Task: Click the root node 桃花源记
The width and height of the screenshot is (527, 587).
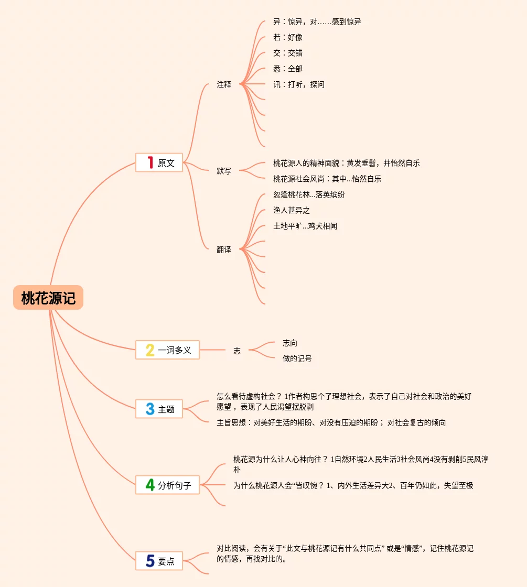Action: (48, 298)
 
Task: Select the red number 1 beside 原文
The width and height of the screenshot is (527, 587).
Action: (150, 162)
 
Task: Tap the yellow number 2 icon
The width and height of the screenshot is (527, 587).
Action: (150, 350)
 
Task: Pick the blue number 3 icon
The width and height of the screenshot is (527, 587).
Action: (150, 409)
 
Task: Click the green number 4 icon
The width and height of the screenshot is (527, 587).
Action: (150, 485)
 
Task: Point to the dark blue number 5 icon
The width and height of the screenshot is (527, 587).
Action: (150, 561)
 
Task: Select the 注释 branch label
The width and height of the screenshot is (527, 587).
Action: (224, 84)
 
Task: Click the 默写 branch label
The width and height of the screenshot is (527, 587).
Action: (224, 171)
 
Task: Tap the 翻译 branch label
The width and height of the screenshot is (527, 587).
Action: (224, 249)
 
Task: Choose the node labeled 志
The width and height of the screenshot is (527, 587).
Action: (237, 351)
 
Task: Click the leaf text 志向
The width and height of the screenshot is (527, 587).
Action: (290, 343)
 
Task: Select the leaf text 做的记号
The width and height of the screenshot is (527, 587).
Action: (297, 358)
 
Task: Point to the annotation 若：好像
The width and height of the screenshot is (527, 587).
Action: (288, 37)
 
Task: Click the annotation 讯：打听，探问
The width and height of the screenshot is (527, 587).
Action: (299, 84)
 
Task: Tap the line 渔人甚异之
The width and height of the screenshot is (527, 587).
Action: (292, 210)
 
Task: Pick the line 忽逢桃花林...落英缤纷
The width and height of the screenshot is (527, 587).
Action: (309, 194)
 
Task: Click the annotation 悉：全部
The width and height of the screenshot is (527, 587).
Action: (288, 69)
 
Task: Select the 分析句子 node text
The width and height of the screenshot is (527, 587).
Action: (175, 485)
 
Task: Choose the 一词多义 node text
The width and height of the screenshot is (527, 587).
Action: (175, 350)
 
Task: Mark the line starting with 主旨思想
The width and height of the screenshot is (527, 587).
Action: (331, 422)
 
